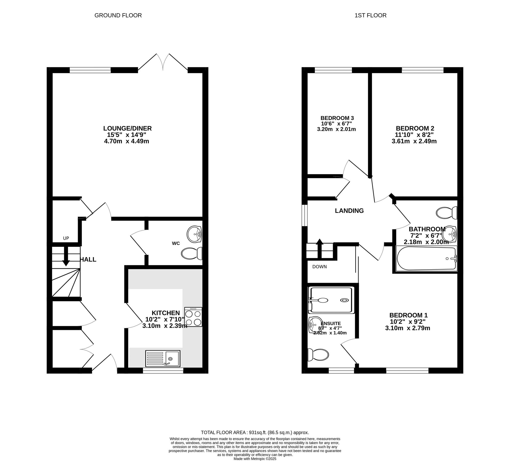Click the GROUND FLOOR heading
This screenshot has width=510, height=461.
pos(118,15)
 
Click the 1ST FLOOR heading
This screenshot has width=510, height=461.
pos(370,15)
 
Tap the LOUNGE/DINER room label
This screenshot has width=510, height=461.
pos(127,128)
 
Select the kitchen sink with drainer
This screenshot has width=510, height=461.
pos(163,358)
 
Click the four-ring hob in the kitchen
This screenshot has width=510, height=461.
pos(193,317)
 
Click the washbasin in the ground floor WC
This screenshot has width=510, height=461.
pos(194,234)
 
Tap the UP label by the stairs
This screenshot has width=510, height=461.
pos(66,238)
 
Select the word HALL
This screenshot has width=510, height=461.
pos(88,260)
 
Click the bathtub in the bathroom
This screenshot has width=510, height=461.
pos(426,258)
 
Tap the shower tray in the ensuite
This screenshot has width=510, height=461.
pos(331,300)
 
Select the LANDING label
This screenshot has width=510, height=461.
pos(349,211)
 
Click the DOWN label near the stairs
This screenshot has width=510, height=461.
pos(319,267)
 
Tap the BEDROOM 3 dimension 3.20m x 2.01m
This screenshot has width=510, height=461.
pos(336,129)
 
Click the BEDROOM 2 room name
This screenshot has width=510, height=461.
pos(415,128)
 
